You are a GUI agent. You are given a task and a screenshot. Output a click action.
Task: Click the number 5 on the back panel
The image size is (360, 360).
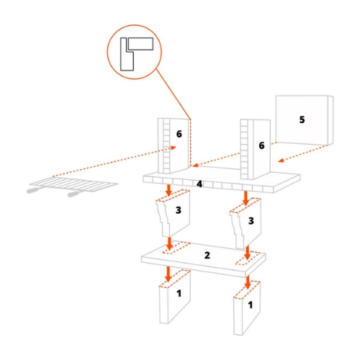click(302, 120)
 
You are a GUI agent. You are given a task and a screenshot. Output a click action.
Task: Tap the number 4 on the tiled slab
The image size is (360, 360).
click(199, 184)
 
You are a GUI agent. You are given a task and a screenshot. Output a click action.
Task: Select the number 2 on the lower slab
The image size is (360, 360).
click(207, 255)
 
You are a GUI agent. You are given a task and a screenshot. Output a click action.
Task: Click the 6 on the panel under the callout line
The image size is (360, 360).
click(179, 134)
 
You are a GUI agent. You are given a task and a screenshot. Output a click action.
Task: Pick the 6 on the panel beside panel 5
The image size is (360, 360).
click(261, 145)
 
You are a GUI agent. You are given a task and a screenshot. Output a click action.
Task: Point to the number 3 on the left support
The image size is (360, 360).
click(179, 210)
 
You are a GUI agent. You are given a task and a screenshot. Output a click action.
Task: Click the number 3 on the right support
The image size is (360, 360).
click(251, 221)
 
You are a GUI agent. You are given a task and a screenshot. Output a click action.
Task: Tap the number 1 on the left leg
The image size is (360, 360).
click(179, 293)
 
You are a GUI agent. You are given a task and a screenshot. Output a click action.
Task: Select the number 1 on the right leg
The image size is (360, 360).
click(251, 305)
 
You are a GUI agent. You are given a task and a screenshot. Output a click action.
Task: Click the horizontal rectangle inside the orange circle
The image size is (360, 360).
click(140, 44)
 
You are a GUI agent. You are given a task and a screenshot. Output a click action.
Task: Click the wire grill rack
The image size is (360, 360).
click(72, 185)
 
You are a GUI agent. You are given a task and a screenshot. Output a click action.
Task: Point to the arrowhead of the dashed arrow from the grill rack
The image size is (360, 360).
click(174, 148)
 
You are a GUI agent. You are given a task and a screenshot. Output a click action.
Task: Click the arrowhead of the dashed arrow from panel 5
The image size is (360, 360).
click(282, 161)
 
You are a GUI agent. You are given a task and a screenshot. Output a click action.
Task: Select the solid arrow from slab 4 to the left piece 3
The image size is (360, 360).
click(169, 190)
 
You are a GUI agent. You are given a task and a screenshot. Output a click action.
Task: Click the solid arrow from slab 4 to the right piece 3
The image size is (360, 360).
click(246, 198)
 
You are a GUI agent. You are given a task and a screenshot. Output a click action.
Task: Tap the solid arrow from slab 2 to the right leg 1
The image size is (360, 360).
click(248, 282)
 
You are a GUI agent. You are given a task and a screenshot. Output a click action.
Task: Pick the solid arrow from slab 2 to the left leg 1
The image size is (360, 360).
click(168, 274)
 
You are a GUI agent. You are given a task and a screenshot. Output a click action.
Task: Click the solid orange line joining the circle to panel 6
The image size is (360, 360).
click(174, 94)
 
